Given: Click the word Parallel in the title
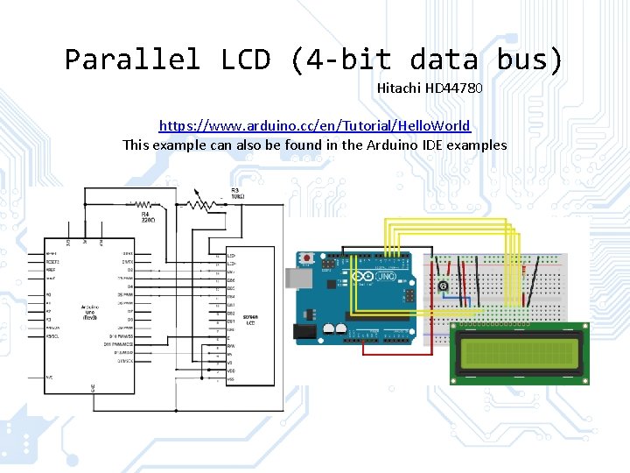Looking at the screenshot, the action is (x=132, y=60).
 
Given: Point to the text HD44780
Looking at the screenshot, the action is (x=454, y=88).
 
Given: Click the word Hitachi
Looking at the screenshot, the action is (x=399, y=88).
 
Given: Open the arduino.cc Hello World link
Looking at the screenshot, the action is (x=314, y=126).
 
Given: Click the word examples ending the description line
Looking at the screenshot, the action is (x=477, y=145).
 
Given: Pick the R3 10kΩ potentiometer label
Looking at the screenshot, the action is (x=237, y=193).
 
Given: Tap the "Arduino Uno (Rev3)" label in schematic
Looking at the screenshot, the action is (x=88, y=312).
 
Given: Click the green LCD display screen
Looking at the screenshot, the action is (x=520, y=353).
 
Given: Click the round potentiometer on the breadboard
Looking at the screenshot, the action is (x=444, y=286).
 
